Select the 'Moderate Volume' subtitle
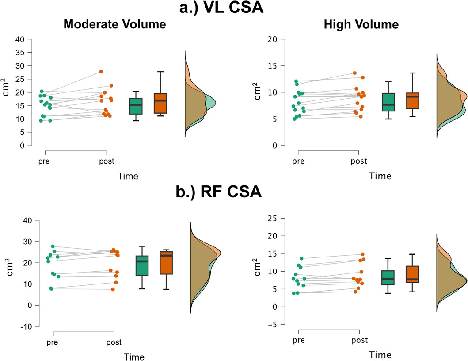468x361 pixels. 114,24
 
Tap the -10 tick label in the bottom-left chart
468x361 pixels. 21,326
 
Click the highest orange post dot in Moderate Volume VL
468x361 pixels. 101,72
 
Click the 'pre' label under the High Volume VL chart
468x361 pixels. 299,161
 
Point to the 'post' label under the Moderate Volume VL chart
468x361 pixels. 107,161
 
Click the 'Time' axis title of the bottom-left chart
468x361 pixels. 134,357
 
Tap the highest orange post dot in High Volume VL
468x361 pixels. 354,73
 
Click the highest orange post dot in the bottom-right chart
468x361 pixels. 362,254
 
